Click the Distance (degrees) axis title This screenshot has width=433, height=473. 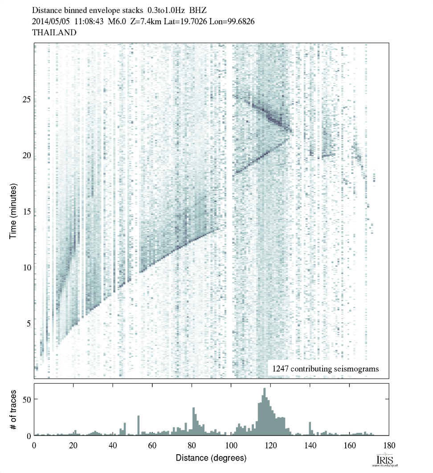[x=211, y=458]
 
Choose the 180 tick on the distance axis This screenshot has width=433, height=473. [x=388, y=445]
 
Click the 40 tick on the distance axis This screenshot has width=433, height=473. [x=113, y=445]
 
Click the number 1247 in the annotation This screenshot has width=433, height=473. [x=280, y=369]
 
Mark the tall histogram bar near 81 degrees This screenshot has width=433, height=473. [x=194, y=421]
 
